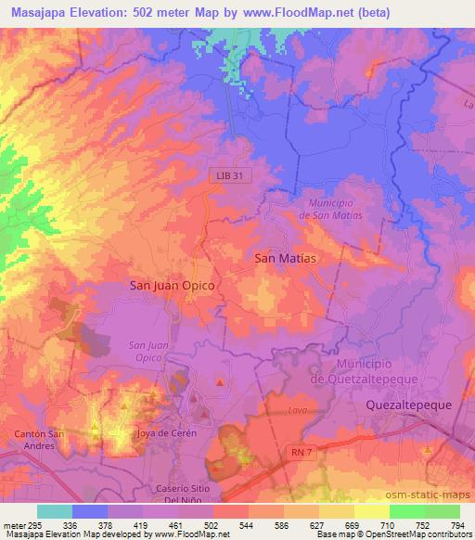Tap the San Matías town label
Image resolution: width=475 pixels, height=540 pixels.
[x=289, y=260]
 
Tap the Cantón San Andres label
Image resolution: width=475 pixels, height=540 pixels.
[x=38, y=439]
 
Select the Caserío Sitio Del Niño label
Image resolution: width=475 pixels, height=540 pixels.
[x=192, y=493]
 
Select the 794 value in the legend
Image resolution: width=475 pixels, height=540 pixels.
[x=458, y=524]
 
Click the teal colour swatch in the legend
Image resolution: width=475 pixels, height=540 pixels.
[x=55, y=511]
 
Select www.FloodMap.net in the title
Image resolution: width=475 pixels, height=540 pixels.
[x=290, y=12]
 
